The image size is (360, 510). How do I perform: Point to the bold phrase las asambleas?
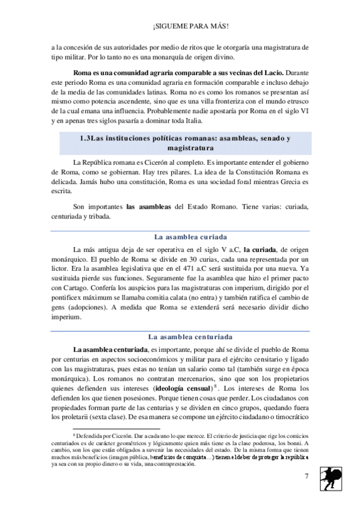pyautogui.click(x=148, y=207)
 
